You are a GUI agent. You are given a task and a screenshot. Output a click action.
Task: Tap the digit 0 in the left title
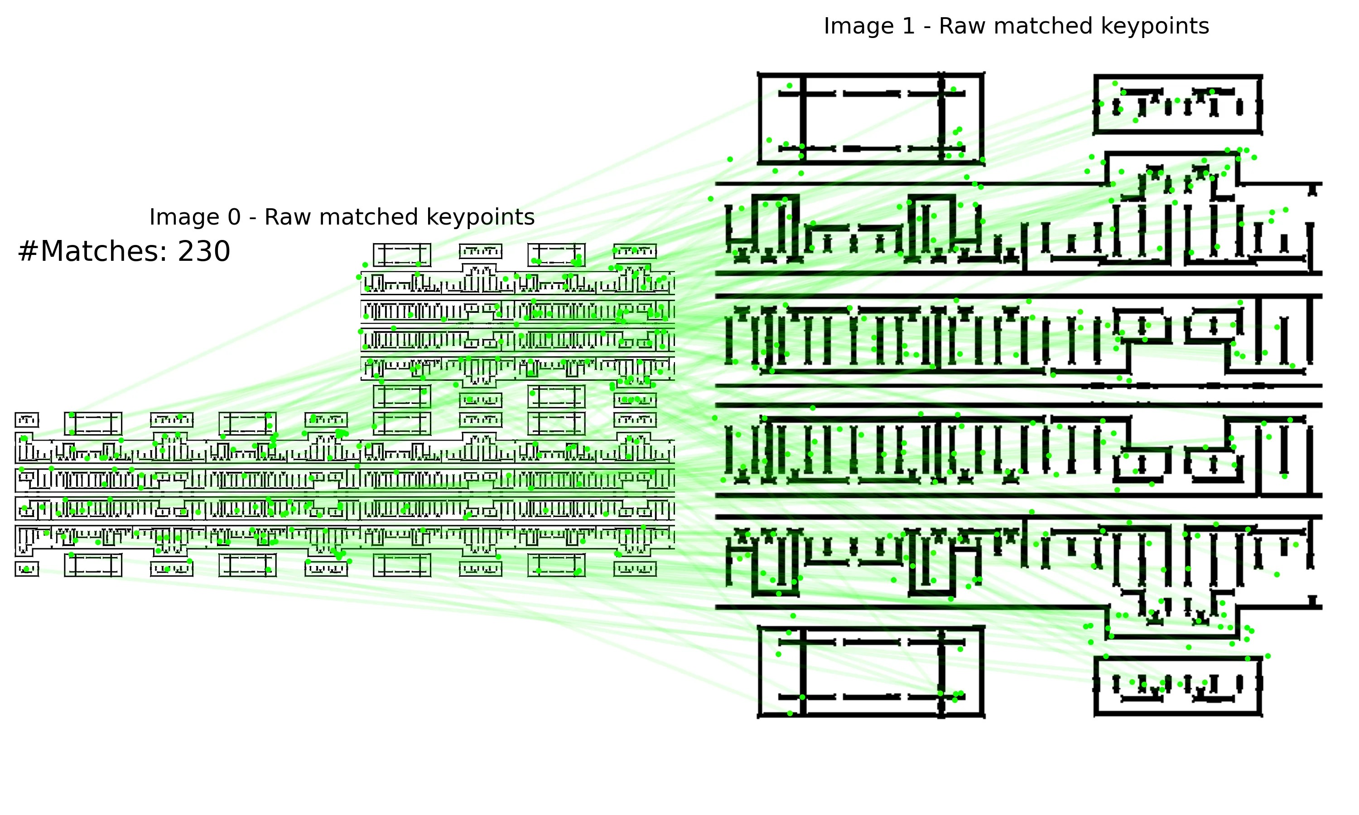pyautogui.click(x=235, y=217)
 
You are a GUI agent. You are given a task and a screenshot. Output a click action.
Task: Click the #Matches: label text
pyautogui.click(x=92, y=252)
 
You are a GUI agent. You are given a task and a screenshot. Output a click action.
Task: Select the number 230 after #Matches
pyautogui.click(x=204, y=252)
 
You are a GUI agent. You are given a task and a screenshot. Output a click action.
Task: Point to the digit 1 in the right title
pyautogui.click(x=909, y=26)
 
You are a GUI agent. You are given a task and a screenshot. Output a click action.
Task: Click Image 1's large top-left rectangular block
pyautogui.click(x=871, y=118)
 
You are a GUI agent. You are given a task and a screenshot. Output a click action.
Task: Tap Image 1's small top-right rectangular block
pyautogui.click(x=1178, y=104)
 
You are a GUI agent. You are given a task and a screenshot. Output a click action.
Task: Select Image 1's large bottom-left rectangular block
pyautogui.click(x=871, y=671)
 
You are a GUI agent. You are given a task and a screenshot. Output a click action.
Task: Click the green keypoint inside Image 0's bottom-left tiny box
pyautogui.click(x=26, y=570)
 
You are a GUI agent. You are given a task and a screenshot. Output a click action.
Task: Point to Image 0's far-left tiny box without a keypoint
pyautogui.click(x=26, y=421)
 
